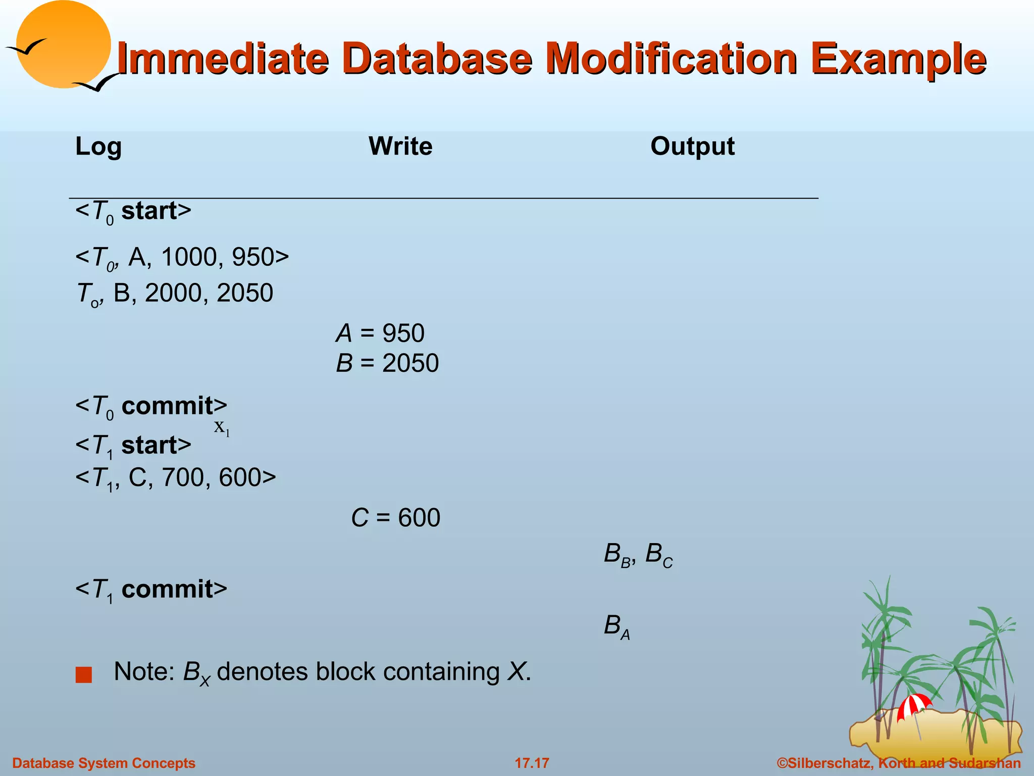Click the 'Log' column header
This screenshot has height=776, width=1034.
[x=98, y=147]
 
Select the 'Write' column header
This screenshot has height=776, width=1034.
[x=400, y=147]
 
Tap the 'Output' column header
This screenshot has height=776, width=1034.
[x=692, y=147]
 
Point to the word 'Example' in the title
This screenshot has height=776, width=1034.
[x=898, y=59]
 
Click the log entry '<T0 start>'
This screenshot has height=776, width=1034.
[x=133, y=211]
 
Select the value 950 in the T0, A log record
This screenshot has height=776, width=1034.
[x=253, y=257]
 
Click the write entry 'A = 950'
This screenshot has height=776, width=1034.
[x=380, y=333]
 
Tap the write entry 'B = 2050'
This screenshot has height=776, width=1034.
[x=387, y=363]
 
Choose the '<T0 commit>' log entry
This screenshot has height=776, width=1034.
[x=151, y=406]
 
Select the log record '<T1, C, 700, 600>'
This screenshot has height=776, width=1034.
[x=176, y=478]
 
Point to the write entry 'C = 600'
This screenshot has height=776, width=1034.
[x=396, y=518]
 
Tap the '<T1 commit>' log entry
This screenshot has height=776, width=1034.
[x=151, y=590]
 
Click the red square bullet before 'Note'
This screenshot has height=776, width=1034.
[x=84, y=674]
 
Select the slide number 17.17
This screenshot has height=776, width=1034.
[x=532, y=763]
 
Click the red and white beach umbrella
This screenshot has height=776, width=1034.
[x=914, y=705]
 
